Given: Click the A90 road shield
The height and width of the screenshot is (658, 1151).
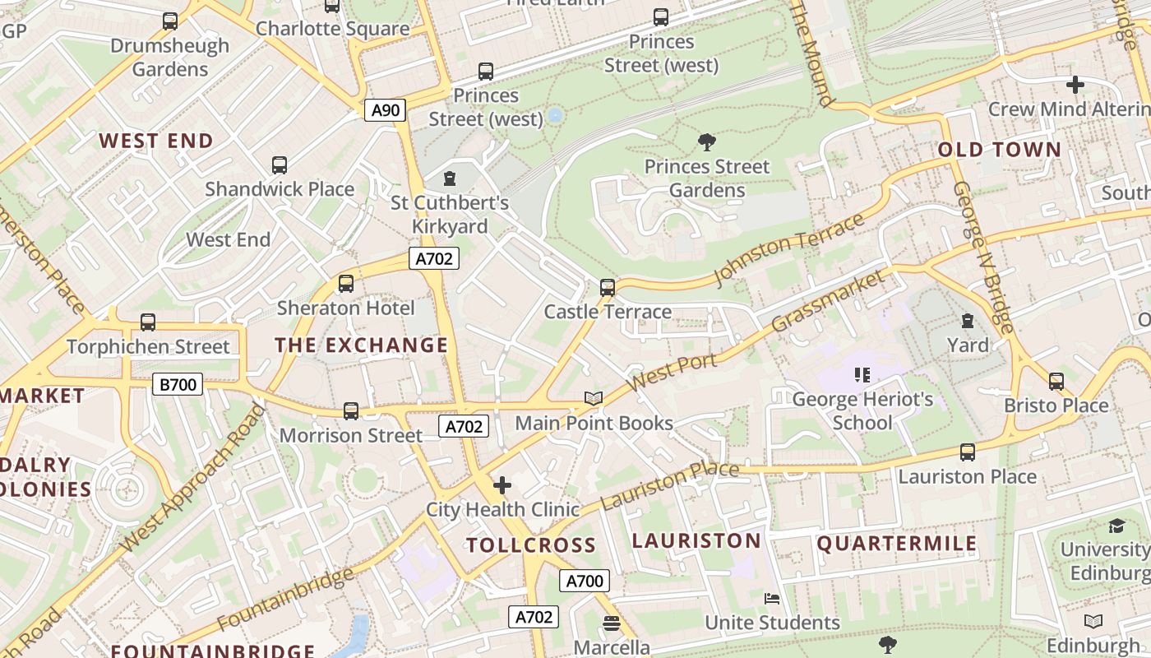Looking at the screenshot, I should tap(386, 109).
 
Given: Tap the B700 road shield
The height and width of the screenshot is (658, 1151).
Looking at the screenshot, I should tap(178, 383).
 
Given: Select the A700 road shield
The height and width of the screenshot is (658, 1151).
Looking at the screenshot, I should tap(585, 581).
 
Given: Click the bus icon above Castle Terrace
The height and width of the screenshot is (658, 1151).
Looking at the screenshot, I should tap(608, 288).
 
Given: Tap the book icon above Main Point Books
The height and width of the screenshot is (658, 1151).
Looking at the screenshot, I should tap(594, 399).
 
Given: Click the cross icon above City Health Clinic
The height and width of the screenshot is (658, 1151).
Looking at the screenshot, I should tap(502, 485).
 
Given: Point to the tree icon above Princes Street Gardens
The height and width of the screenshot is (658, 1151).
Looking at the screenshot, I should tap(706, 142).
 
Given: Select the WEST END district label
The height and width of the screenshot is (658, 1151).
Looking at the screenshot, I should tap(156, 141).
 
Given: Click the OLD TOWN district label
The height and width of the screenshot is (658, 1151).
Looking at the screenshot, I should tap(1000, 150).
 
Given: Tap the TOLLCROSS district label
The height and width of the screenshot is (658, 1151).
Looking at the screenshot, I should tap(531, 545).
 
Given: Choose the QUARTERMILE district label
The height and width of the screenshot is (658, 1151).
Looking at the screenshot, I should tap(897, 544).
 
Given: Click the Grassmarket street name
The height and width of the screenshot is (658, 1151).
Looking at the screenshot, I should tap(830, 301).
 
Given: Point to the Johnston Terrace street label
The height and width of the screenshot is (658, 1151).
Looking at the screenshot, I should tap(790, 249).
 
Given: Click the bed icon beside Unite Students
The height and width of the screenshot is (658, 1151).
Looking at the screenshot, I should tap(772, 598).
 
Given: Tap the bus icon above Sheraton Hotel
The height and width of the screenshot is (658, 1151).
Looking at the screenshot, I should tap(346, 284).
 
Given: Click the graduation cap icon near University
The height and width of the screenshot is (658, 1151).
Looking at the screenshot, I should tap(1116, 526).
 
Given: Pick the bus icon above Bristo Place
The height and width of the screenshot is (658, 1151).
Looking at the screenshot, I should tap(1056, 381).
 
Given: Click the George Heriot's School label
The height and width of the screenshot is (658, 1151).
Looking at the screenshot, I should tap(862, 411).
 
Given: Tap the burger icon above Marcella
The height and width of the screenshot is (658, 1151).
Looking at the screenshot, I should tap(611, 623).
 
